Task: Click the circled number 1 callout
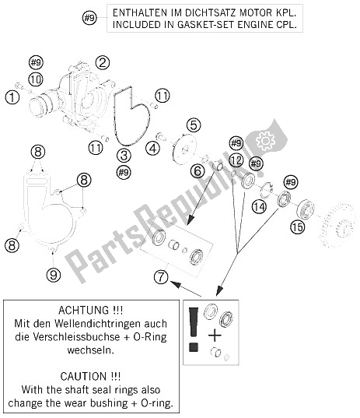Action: point(12,97)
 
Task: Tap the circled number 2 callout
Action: point(103,62)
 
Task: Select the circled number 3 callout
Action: point(124,156)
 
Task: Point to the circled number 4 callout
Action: point(153,148)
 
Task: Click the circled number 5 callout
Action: point(194,125)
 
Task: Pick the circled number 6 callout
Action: point(197,171)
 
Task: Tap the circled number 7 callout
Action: point(161,276)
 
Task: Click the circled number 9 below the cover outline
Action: point(54,275)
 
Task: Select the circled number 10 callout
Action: point(36,79)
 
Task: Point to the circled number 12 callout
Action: point(236,160)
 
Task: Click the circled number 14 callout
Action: point(260,207)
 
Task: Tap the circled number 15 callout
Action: point(298,227)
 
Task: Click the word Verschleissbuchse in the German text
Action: point(76,337)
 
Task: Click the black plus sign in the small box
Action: point(215,335)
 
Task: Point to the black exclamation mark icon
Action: point(194,329)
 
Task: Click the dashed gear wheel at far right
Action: point(337,226)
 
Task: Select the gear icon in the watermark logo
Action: point(265,139)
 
